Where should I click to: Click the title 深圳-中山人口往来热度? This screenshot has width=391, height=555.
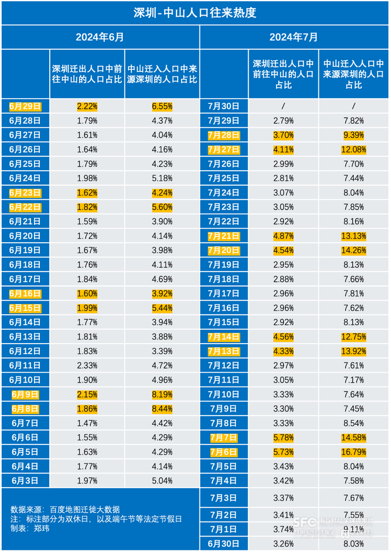coord(195,12)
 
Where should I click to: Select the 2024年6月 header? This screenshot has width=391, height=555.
coord(100,37)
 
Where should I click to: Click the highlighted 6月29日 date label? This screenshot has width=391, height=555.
coord(25,105)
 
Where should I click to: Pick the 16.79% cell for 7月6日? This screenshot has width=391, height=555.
coord(354,452)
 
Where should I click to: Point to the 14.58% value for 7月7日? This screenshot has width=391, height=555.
coord(354,438)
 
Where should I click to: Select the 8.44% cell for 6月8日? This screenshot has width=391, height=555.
coord(162,409)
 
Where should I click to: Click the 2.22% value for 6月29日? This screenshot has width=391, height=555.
coord(87,105)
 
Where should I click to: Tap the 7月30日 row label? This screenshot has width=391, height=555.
coord(223,105)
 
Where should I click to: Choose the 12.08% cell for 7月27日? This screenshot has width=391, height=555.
coord(354,149)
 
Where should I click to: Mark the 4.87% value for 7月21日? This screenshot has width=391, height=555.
coord(283,236)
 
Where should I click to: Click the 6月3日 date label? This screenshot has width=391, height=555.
coord(25,480)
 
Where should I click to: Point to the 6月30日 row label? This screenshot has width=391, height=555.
coord(223,543)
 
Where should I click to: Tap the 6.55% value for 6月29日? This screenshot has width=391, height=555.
coord(162,105)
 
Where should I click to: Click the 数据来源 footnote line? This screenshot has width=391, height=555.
coord(65,509)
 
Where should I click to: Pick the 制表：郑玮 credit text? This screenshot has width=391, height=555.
coord(30,528)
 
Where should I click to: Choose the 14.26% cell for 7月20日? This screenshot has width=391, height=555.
coord(354,250)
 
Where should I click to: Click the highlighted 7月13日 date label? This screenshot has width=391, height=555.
coord(223,351)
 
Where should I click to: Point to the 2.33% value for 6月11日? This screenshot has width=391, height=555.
coord(87,365)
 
